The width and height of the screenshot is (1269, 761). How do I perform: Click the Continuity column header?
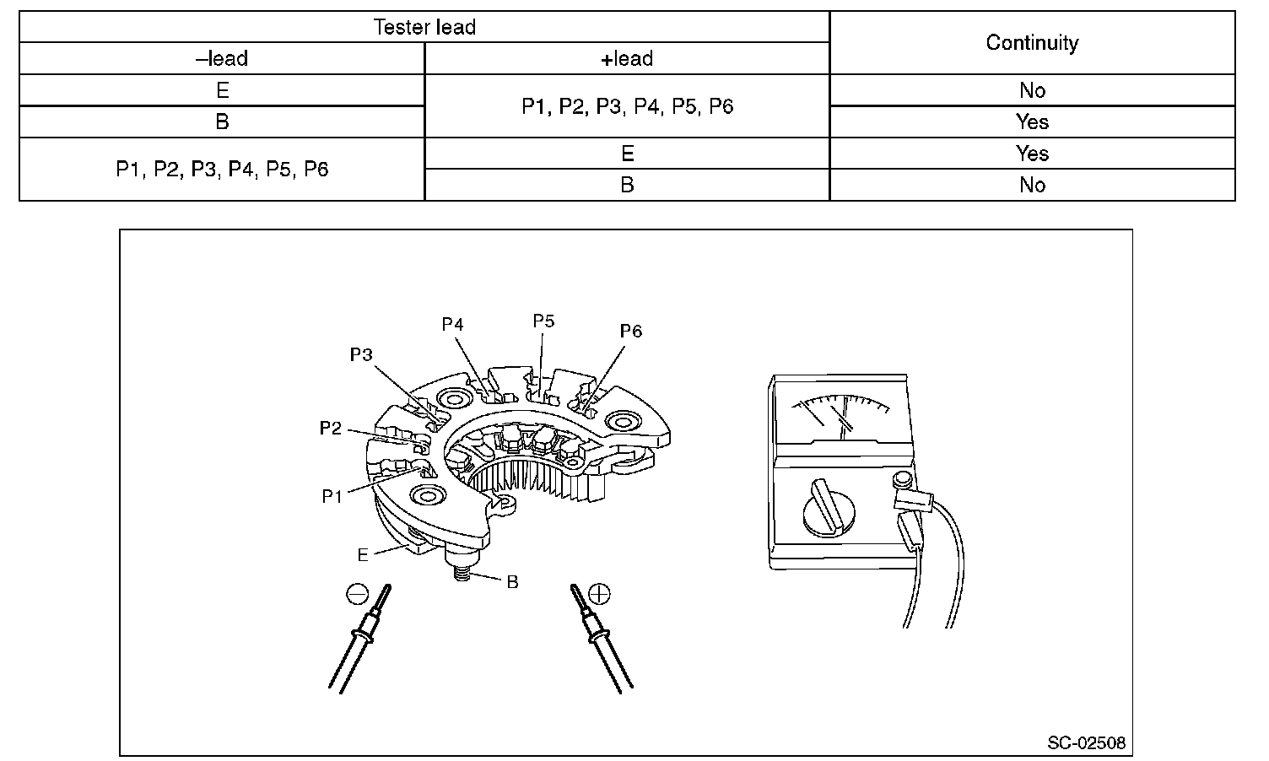pos(1032,43)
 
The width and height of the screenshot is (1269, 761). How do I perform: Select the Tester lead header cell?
pos(424,27)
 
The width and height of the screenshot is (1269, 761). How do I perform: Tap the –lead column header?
pos(222,59)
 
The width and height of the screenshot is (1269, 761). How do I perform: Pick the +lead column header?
pos(627,59)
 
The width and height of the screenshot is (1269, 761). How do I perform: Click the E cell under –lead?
pos(222,90)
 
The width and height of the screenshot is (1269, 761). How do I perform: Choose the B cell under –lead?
pos(222,121)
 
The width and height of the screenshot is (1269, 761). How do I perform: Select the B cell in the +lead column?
pos(627,185)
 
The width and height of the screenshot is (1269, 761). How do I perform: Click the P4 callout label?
pos(453,325)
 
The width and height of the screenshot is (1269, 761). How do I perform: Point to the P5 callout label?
pos(543,321)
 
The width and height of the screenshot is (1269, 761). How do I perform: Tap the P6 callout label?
pos(631,332)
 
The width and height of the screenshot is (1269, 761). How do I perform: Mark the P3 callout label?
pos(361,355)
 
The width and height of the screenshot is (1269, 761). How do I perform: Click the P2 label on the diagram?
pos(331,429)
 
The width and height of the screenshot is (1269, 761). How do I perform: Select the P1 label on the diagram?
pos(332,496)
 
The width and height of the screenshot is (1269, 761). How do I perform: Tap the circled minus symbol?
pos(358,594)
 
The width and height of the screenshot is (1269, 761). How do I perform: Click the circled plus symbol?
pos(599,594)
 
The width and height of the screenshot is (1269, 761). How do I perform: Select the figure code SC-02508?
pos(1086,742)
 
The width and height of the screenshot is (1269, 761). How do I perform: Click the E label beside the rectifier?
pos(363,555)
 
